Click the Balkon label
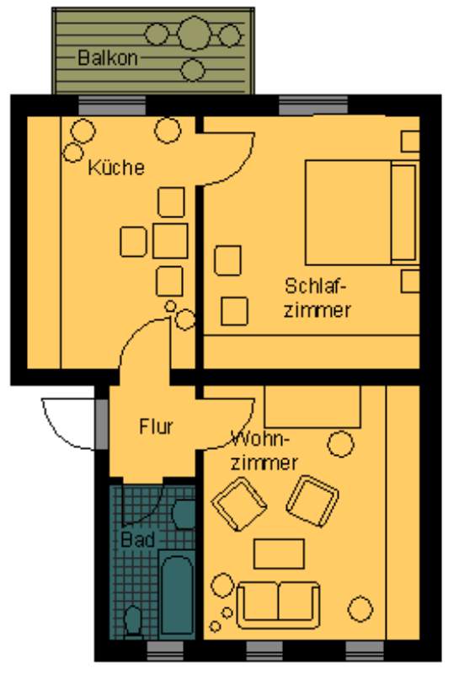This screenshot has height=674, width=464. (108, 57)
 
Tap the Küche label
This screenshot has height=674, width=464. (116, 167)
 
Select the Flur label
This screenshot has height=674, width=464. (156, 426)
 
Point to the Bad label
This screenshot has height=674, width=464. (137, 539)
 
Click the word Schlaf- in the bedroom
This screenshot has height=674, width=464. (315, 286)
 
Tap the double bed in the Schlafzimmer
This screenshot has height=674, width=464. (361, 212)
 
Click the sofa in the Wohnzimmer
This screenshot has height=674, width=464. (279, 605)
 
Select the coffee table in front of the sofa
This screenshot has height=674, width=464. (279, 554)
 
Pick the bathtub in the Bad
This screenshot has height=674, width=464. (177, 595)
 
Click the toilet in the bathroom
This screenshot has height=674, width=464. (133, 620)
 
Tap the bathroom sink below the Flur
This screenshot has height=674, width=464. (184, 514)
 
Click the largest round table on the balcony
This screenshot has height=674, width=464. (195, 33)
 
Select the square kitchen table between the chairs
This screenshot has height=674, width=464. (170, 241)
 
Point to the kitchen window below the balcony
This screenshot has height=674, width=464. (112, 104)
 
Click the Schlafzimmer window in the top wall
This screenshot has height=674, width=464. (313, 104)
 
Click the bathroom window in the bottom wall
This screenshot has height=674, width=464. (165, 650)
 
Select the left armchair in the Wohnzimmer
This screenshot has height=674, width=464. (239, 504)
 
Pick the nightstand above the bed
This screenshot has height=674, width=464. (410, 142)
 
